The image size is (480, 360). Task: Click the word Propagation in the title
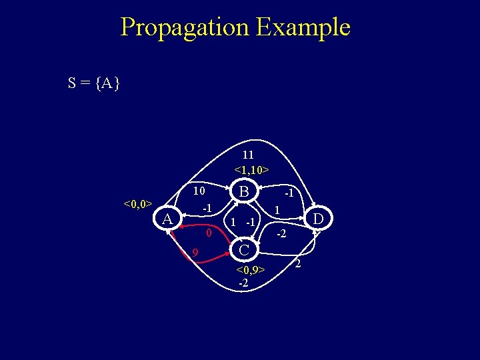click(x=184, y=27)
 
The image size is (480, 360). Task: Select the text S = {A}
click(x=93, y=83)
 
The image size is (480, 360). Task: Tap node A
click(x=168, y=219)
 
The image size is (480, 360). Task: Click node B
click(x=245, y=192)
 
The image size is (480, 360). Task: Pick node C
click(x=245, y=250)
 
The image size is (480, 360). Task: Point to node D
click(x=319, y=219)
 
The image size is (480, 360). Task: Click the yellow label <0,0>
click(x=138, y=203)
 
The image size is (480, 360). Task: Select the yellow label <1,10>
click(x=251, y=170)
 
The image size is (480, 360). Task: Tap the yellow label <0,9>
click(x=251, y=270)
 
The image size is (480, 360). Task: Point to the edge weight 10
click(x=198, y=191)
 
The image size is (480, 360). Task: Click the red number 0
click(x=209, y=234)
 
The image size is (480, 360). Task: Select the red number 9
click(x=195, y=252)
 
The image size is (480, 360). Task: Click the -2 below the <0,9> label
click(x=244, y=283)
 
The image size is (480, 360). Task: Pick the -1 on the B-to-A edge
click(x=207, y=209)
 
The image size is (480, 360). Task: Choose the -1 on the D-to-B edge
click(x=289, y=193)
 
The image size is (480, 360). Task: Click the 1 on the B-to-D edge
click(x=276, y=211)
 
